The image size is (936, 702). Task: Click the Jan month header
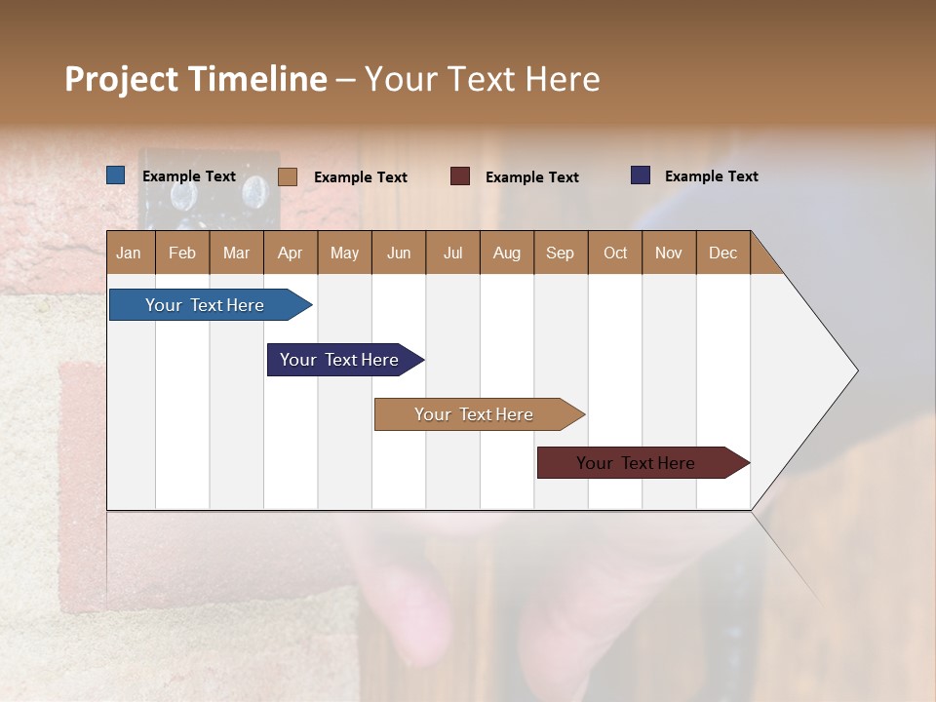coord(129,253)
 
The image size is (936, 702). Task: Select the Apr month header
coord(291,253)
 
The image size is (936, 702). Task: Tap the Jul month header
coord(452,253)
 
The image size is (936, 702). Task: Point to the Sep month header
coord(561,253)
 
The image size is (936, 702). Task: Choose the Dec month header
coord(722,253)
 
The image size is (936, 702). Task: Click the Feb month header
coord(182,253)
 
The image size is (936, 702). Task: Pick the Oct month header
coord(615,253)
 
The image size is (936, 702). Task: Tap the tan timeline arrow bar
coord(475,414)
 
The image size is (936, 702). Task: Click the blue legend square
coord(116,175)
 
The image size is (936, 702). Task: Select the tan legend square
coord(287,176)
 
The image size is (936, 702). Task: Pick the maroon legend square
coord(460,176)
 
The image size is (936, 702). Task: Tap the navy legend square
coord(641,175)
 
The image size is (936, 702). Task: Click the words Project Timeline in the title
coord(195,79)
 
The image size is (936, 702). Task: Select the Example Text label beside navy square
coord(711,176)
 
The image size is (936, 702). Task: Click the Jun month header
coord(399,253)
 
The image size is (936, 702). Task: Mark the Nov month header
coord(669,253)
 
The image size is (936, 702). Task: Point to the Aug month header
coord(507,253)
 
